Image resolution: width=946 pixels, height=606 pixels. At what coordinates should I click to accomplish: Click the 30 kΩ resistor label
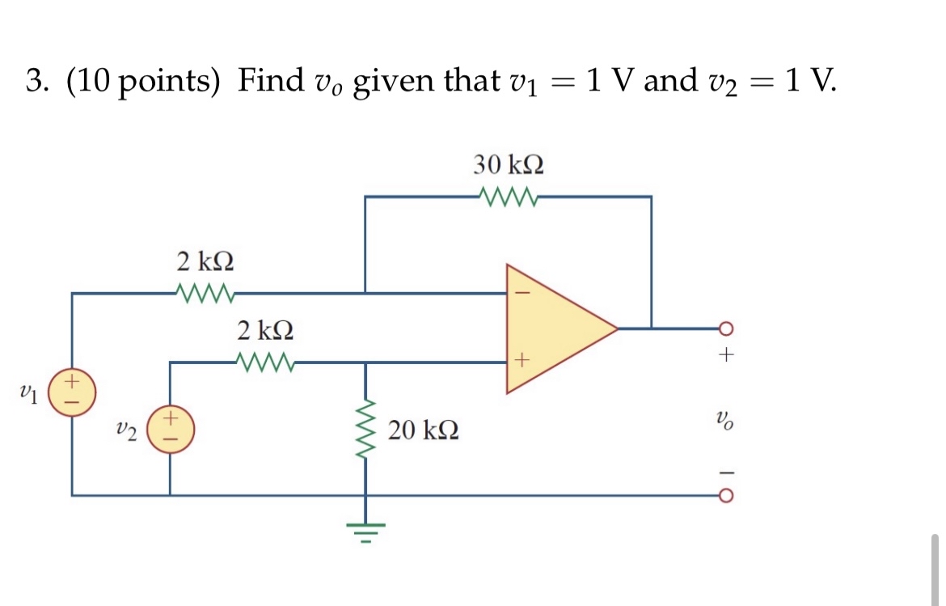508,165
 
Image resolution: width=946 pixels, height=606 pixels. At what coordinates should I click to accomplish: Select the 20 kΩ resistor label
424,430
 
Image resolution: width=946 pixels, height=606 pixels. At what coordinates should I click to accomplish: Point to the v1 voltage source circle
72,392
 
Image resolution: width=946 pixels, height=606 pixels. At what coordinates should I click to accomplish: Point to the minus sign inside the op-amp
522,294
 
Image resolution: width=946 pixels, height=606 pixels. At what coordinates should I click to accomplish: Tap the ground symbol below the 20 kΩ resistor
365,529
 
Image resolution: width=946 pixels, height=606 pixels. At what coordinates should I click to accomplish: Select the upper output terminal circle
725,328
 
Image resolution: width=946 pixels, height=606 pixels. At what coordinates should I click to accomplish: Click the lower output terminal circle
725,494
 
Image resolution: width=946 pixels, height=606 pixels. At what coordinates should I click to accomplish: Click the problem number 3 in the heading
34,81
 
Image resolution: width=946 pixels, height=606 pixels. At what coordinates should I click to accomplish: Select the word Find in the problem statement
270,80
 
